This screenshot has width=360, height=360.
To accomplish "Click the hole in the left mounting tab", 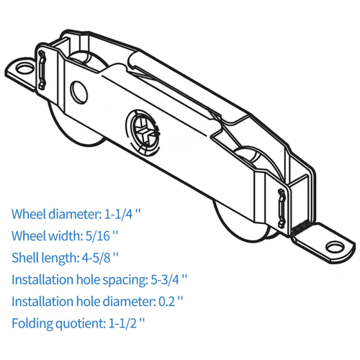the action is tap(24, 68).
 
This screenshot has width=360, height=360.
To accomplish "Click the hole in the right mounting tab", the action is tap(335, 248).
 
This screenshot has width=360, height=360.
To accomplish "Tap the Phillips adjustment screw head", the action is tap(143, 132).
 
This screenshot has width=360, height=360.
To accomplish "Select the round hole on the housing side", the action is tap(78, 93).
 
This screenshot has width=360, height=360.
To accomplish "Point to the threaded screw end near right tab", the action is tap(300, 228).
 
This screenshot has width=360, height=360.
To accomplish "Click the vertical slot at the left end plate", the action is tap(42, 70).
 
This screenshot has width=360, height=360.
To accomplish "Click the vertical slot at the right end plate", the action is tap(281, 208).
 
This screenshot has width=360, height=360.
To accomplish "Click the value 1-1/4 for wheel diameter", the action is tap(119, 214).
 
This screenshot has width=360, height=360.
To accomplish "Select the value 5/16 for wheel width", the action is tap(97, 235).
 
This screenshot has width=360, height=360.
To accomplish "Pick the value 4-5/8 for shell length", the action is tap(96, 258).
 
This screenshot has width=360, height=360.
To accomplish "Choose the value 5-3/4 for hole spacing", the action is tap(165, 279).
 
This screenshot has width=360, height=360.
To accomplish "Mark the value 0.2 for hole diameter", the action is tap(167, 301).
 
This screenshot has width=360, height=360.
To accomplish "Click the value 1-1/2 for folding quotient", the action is tap(123, 323).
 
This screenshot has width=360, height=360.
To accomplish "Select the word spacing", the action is tap(124, 280).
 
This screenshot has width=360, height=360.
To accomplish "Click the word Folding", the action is tap(32, 323).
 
